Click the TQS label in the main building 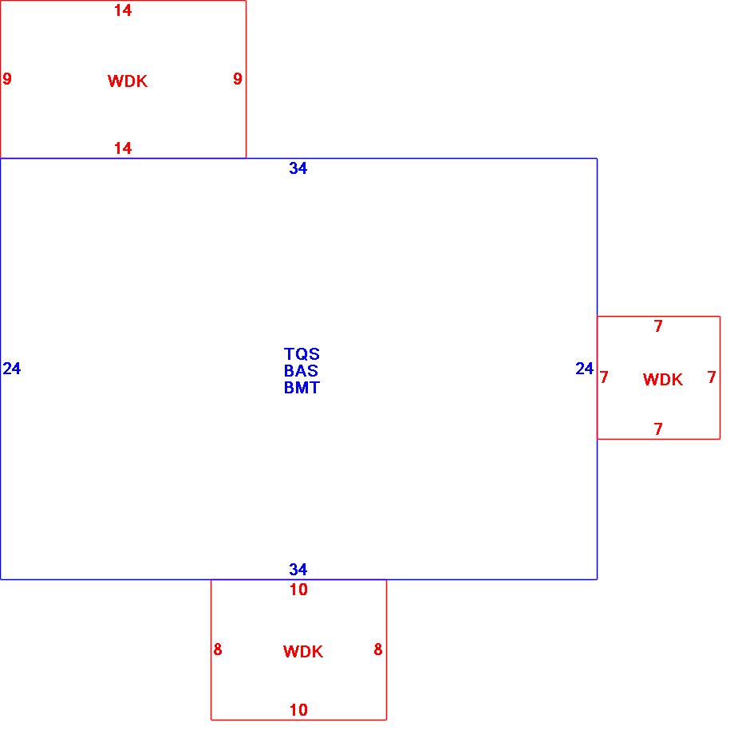point(302,354)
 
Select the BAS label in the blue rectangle point(302,371)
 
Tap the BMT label point(302,388)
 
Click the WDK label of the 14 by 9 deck point(128,81)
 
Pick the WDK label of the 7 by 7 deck point(663,380)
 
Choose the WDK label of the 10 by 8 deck point(303,652)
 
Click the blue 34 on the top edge point(298,168)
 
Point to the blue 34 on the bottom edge point(298,570)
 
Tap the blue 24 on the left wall point(12,369)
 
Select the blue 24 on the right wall point(585,369)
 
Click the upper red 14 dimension point(123,11)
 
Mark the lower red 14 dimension point(123,148)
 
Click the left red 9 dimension point(7,79)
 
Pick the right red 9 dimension point(238,79)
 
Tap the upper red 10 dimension point(298,590)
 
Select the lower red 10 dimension point(298,710)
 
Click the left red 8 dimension point(218,650)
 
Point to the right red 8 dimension point(378,650)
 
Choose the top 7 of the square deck point(658,326)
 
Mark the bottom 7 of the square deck point(658,429)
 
